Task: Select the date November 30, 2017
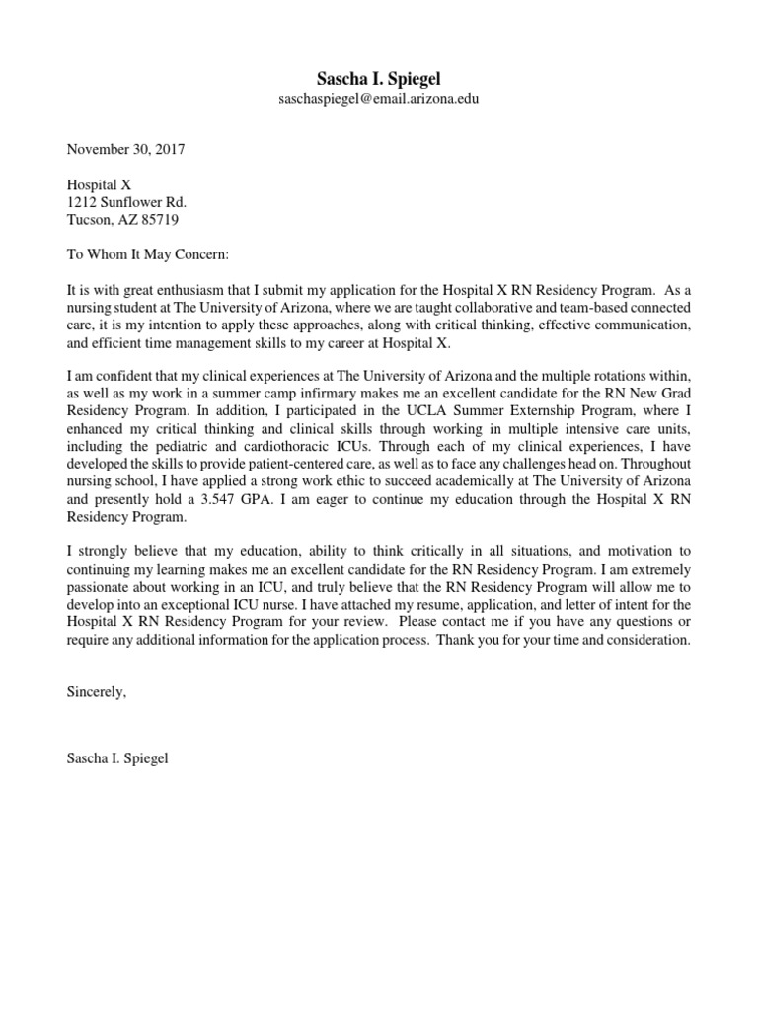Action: coord(125,150)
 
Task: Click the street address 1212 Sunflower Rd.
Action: coord(125,202)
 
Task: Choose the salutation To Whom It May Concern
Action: coord(147,254)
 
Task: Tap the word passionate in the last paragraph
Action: coord(102,587)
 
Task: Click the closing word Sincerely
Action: coord(97,692)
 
